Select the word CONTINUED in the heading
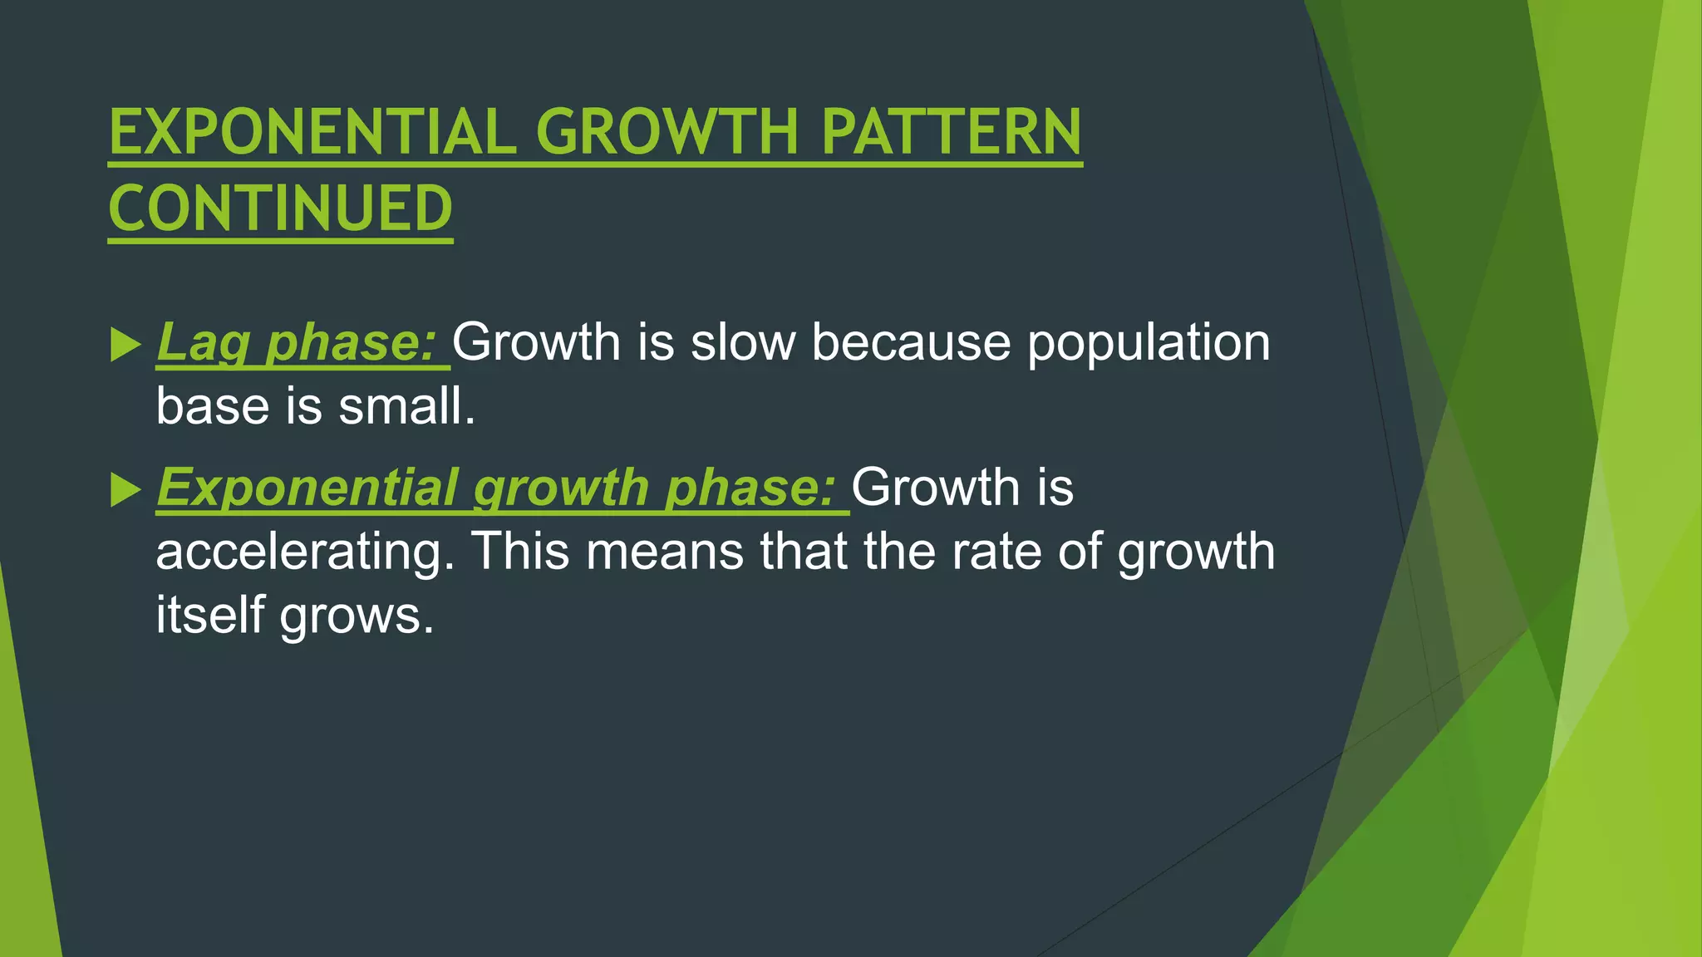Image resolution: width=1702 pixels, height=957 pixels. point(280,209)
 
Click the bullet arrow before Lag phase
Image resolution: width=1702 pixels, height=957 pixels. point(125,344)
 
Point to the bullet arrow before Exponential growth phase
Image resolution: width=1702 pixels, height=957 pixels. point(125,490)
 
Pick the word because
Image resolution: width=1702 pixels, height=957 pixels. point(910,342)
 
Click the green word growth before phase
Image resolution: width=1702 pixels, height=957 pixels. point(561,488)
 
